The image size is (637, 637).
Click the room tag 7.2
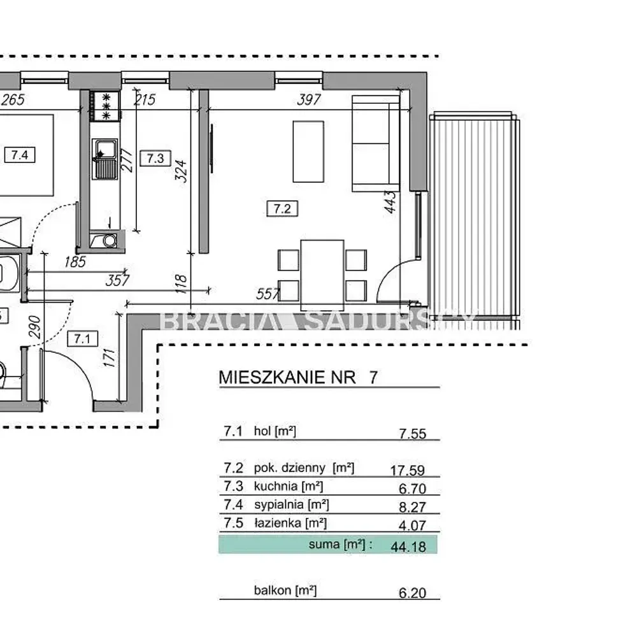point(282,209)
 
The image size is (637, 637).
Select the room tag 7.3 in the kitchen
point(155,158)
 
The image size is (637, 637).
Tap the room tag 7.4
point(20,155)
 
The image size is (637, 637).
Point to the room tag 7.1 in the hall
point(82,338)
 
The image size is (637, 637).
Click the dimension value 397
point(309,99)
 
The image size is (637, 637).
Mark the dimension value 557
point(268,294)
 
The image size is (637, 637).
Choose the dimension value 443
point(390,201)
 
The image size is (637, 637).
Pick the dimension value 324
point(181,171)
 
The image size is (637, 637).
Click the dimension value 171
point(110,357)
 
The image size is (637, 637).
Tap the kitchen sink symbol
point(104,159)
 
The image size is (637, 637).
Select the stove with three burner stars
point(105,106)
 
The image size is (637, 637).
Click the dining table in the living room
point(322,275)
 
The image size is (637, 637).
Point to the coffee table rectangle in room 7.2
point(308,152)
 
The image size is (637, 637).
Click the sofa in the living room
point(376,143)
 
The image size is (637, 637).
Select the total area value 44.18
point(408,547)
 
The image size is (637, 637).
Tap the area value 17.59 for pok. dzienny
point(408,470)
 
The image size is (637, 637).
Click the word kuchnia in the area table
point(275,486)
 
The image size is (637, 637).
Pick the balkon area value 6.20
point(412,592)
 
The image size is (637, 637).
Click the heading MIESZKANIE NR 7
point(298,377)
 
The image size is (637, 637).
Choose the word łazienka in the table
point(278,523)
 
